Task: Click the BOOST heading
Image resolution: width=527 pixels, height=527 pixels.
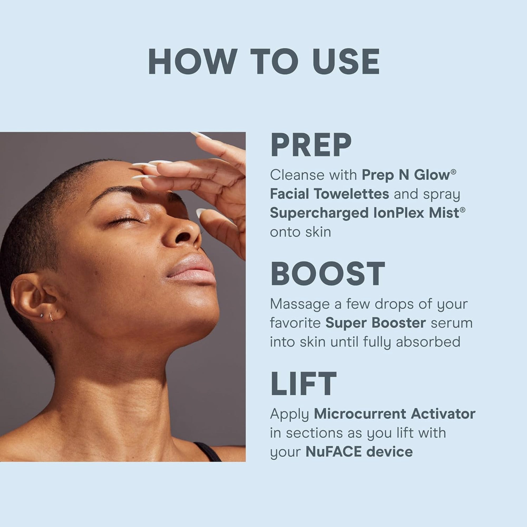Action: [x=328, y=274]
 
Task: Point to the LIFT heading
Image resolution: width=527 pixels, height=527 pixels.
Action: [x=303, y=383]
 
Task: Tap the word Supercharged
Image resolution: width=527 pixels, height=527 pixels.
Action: [x=319, y=213]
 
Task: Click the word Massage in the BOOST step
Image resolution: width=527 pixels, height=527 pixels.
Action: [x=300, y=304]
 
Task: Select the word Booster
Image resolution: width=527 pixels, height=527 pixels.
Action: [x=398, y=323]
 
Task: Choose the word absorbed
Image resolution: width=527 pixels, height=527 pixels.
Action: [x=428, y=342]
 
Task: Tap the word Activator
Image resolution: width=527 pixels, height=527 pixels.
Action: [x=443, y=414]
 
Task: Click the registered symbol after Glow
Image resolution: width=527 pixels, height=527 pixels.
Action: [x=453, y=171]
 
